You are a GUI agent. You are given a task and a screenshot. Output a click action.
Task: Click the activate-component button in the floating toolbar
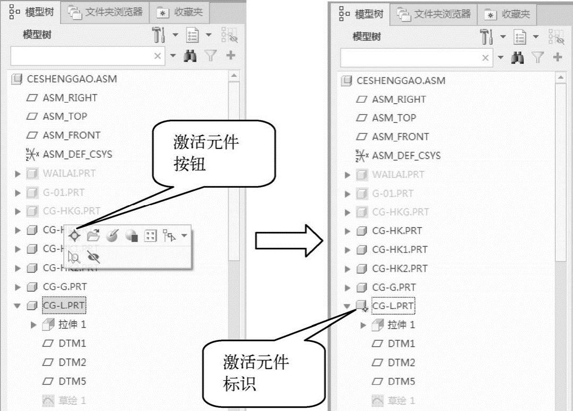tap(75, 236)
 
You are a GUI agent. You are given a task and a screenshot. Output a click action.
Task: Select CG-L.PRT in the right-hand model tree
tap(393, 306)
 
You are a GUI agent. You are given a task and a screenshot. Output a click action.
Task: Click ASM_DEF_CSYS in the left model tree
tap(77, 154)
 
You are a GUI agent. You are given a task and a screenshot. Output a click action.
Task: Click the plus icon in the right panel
tap(558, 57)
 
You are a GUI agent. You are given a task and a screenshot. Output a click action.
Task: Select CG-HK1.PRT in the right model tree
tap(399, 249)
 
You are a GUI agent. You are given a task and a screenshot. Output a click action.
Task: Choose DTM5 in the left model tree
tap(72, 381)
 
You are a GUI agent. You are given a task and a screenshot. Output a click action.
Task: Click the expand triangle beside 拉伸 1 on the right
tap(364, 325)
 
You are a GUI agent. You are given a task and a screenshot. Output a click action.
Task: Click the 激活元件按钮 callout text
tap(205, 153)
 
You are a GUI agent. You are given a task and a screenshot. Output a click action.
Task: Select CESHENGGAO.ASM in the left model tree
tap(71, 79)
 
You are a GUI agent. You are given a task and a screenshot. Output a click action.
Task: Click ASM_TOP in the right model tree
tap(394, 118)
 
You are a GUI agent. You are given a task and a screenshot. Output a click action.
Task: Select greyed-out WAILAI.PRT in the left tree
tap(69, 173)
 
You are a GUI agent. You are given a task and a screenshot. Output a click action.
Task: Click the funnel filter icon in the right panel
tap(538, 57)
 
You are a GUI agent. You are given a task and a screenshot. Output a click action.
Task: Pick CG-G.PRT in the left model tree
tap(64, 287)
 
